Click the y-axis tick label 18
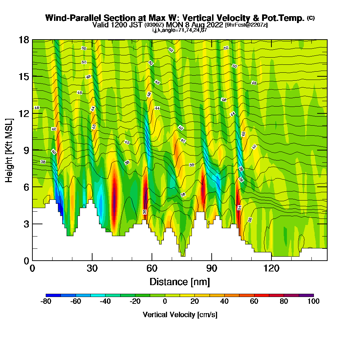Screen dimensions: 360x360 tap(24, 40)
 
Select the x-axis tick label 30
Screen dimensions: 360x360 tap(92, 269)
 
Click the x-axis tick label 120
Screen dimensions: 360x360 tap(271, 269)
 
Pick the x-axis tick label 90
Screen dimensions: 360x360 tap(212, 269)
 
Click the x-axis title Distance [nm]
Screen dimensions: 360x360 tap(180, 281)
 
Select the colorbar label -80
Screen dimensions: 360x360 tap(46, 302)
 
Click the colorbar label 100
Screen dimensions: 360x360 tap(314, 302)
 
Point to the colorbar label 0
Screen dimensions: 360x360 tap(165, 302)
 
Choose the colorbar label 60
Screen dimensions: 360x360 tap(254, 302)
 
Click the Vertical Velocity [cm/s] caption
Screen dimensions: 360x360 tap(180, 315)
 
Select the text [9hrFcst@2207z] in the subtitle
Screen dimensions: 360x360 tap(246, 25)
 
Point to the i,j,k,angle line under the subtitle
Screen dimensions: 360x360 tap(180, 30)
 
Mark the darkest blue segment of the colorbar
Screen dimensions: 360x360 tap(53, 295)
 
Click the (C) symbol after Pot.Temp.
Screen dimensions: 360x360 tap(311, 18)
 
